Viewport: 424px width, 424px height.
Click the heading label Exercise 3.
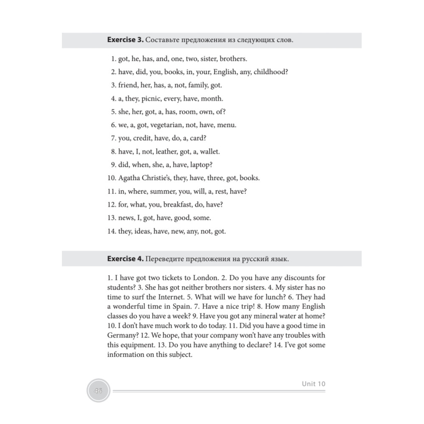click(125, 40)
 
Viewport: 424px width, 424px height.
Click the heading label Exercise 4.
click(125, 258)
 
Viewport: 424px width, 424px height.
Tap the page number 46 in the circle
click(98, 391)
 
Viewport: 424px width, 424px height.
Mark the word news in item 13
click(126, 218)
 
